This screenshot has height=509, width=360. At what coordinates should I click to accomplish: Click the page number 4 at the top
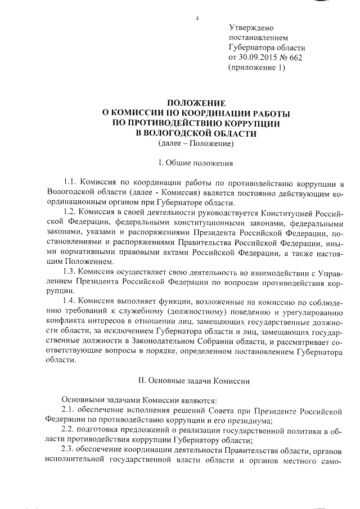point(197,19)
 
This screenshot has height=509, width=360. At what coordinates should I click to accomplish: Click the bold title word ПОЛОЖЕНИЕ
point(196,103)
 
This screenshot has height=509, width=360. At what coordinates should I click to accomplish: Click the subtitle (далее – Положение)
point(196,144)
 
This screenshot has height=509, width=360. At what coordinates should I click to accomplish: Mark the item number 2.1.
point(68,410)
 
